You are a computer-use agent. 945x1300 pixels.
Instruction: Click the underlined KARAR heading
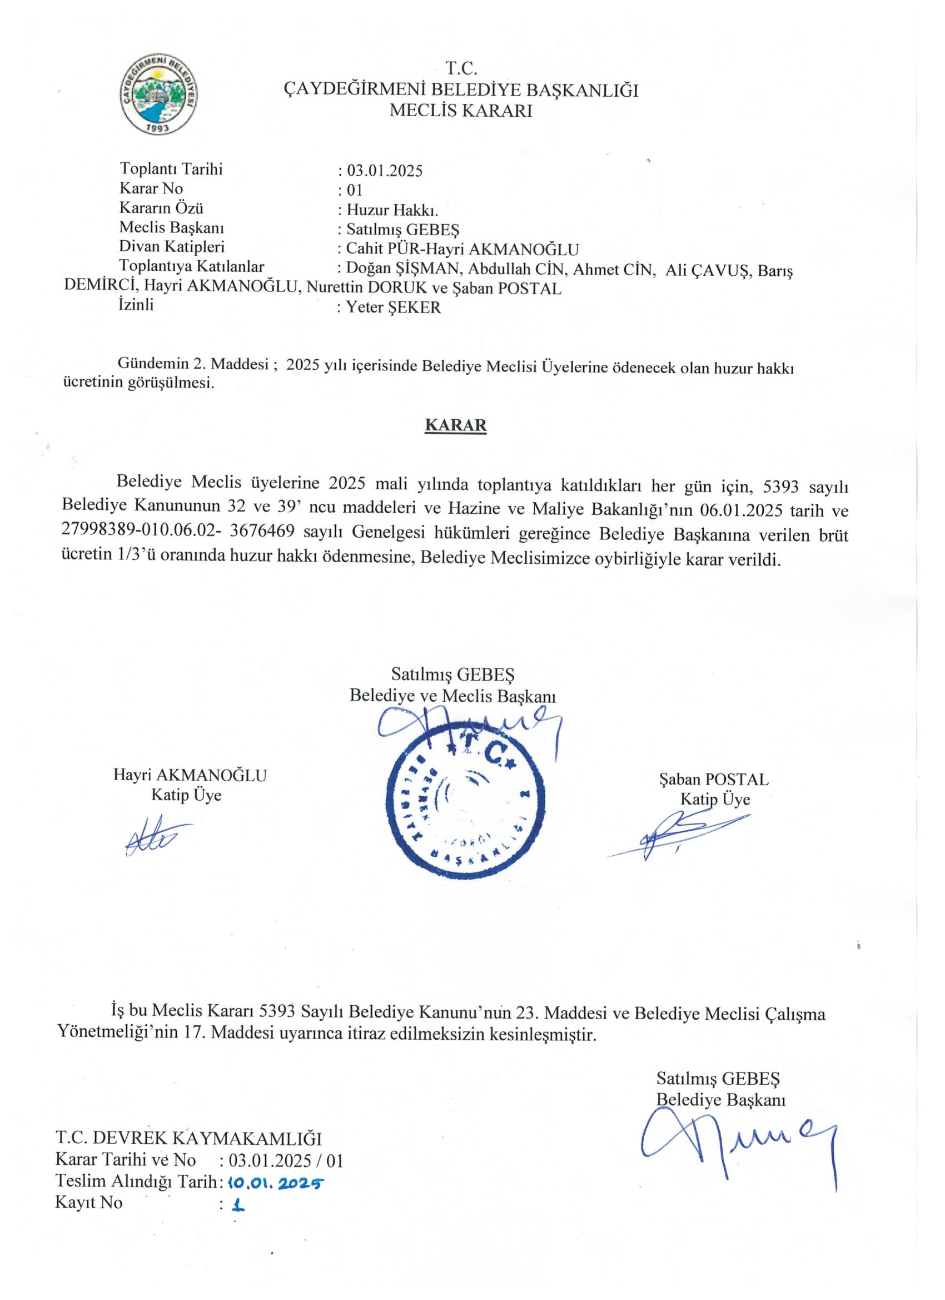tap(455, 425)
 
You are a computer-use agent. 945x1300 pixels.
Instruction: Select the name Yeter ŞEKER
tap(394, 307)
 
